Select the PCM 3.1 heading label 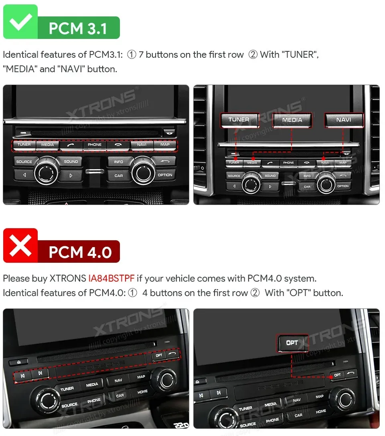pos(78,28)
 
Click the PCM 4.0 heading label pos(80,252)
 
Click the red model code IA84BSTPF pos(111,278)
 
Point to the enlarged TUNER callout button pos(239,120)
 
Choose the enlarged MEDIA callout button pos(292,120)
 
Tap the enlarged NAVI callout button pos(344,120)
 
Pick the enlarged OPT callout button pos(292,343)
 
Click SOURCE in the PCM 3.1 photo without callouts pos(24,162)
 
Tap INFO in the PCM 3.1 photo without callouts pos(119,162)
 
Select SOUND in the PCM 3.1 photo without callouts pos(71,162)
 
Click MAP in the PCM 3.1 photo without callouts pos(165,145)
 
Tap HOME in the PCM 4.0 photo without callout pos(142,392)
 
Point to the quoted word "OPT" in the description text pos(297,293)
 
